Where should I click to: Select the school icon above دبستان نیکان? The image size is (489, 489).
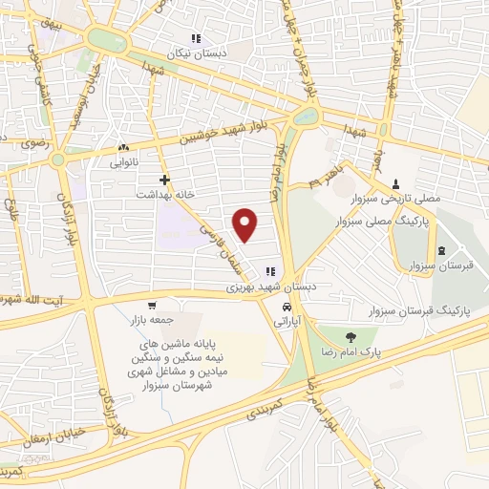[195, 39]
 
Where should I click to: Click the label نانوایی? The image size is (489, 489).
[123, 163]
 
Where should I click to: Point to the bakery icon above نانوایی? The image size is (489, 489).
[123, 149]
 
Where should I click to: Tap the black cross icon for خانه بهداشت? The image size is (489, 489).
[165, 179]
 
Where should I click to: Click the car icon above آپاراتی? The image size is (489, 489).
[287, 308]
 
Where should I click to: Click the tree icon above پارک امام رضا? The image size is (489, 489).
[351, 336]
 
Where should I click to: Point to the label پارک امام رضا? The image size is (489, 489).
[351, 351]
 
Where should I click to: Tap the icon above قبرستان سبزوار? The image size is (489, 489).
[440, 251]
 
